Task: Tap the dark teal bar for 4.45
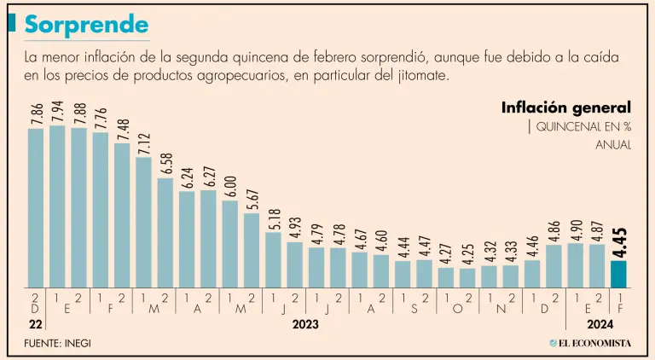tap(618, 274)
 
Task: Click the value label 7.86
tap(36, 114)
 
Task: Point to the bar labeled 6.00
tap(229, 244)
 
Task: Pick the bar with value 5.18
tap(273, 259)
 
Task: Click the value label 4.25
tap(467, 254)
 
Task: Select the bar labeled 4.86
tap(554, 265)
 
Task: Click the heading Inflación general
tap(566, 107)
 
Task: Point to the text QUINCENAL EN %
tap(583, 127)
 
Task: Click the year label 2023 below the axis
tap(305, 325)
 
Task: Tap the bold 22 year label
tap(34, 325)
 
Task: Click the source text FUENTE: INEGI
tap(57, 343)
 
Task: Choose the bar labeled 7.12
tap(143, 222)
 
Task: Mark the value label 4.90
tap(575, 229)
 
